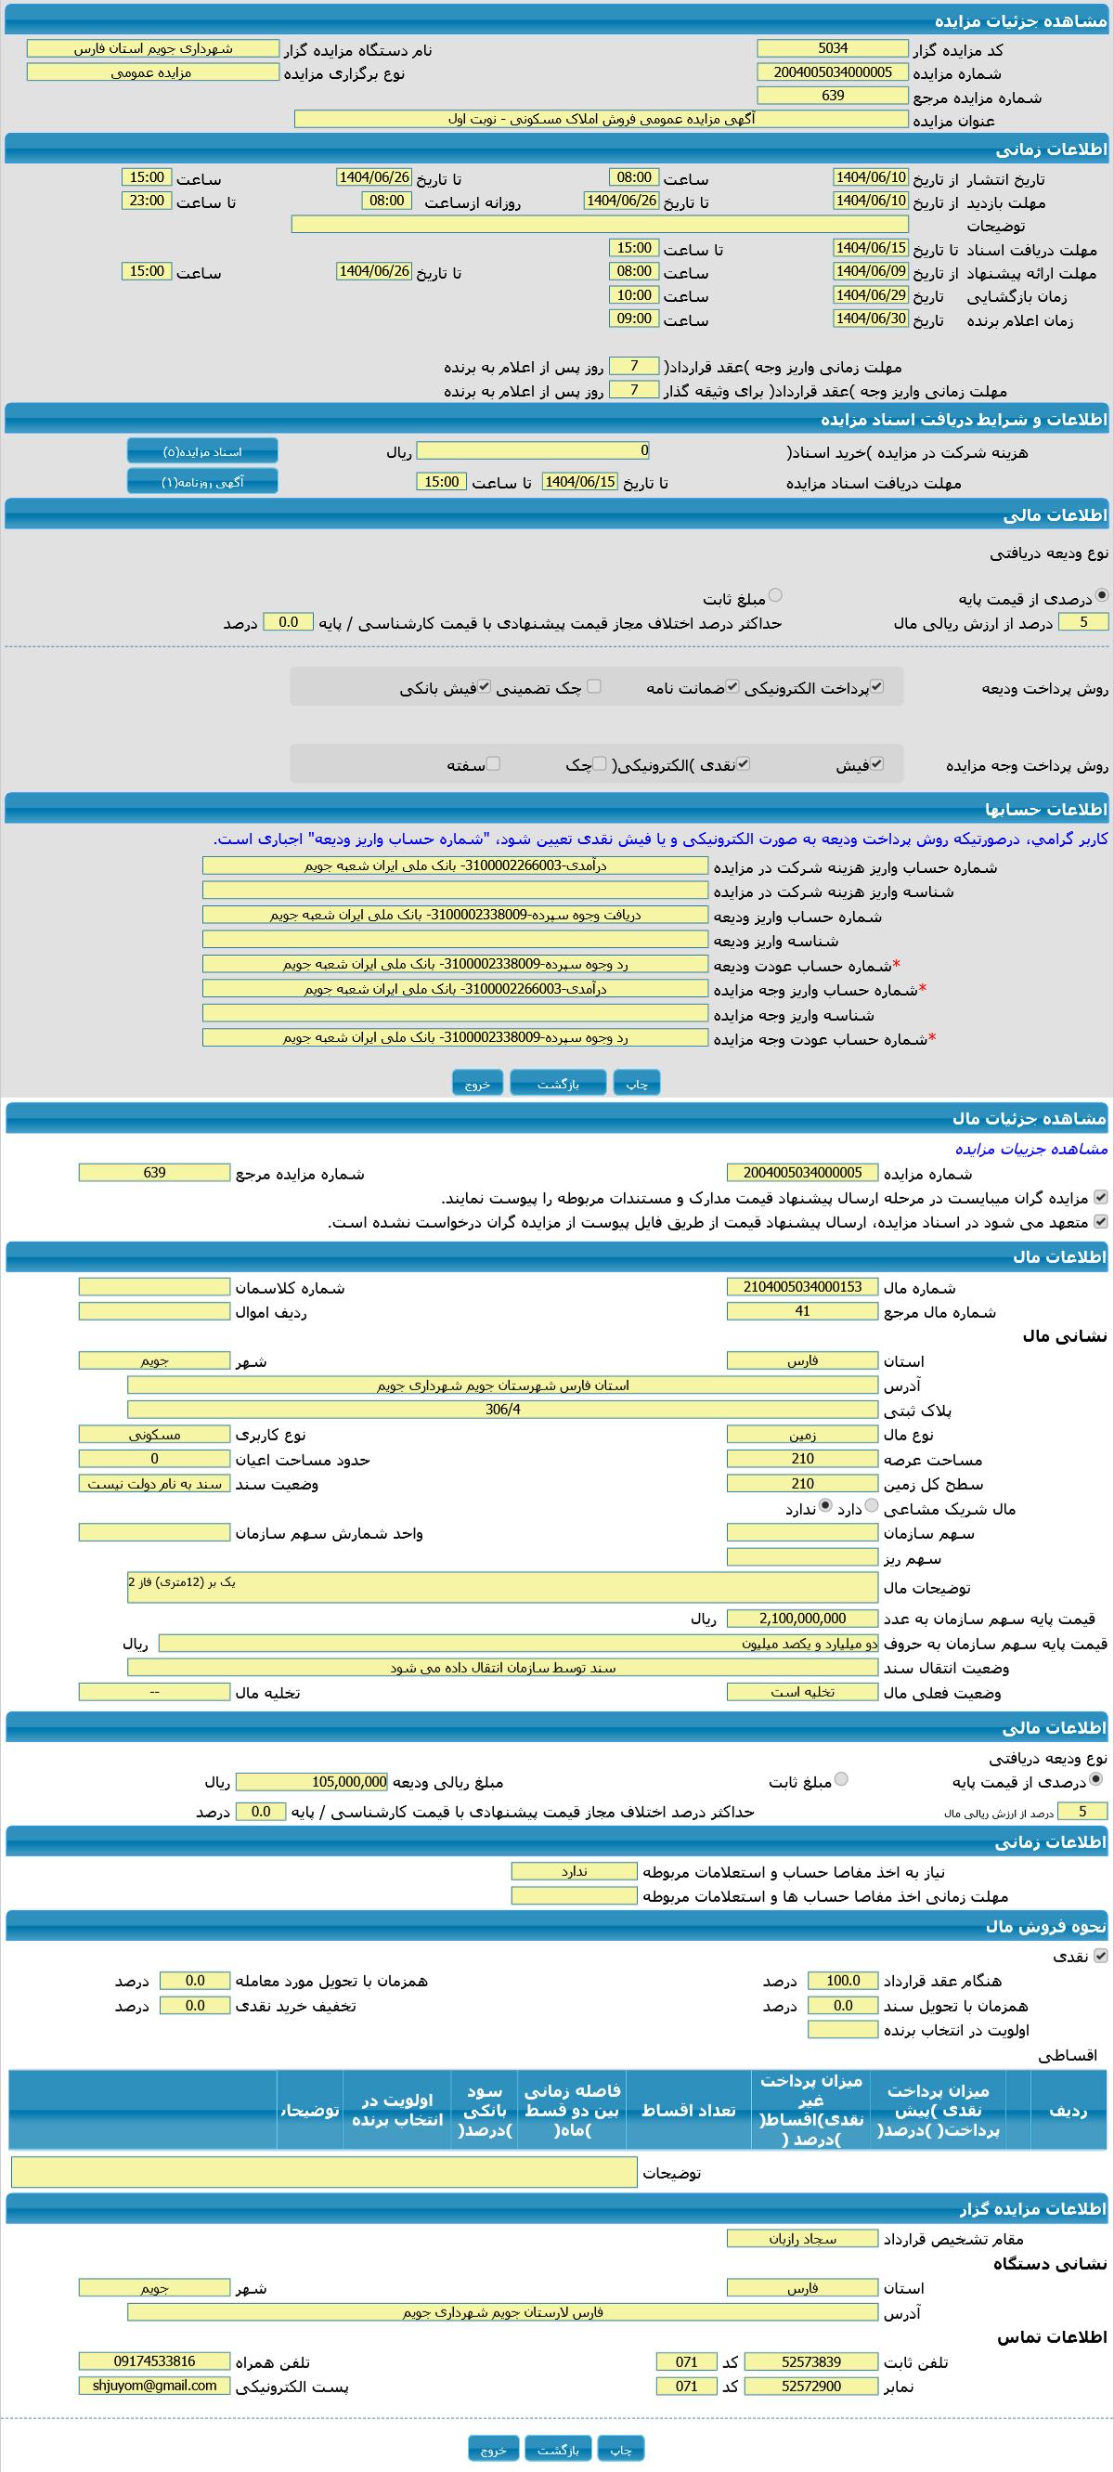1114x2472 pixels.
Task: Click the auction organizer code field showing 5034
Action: click(x=832, y=48)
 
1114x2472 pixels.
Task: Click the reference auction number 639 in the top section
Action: click(x=832, y=96)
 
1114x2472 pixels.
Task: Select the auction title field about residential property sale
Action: click(x=601, y=119)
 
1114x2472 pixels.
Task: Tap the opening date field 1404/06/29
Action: click(x=870, y=295)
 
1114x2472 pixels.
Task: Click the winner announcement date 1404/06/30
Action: click(x=870, y=319)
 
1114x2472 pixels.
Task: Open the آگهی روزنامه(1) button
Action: click(x=202, y=482)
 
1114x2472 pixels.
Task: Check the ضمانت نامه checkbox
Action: click(x=732, y=687)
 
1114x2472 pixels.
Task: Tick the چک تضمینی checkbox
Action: click(x=594, y=686)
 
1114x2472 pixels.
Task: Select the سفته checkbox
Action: click(x=493, y=764)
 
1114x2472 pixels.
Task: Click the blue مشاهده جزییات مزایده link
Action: click(x=1030, y=1149)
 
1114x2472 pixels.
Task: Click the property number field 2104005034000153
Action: click(x=802, y=1287)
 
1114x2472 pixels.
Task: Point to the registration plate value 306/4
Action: click(x=503, y=1410)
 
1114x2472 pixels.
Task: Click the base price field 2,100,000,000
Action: click(x=802, y=1619)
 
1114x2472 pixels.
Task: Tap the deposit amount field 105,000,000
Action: click(x=312, y=1782)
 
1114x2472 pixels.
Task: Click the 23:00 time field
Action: click(x=147, y=201)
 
